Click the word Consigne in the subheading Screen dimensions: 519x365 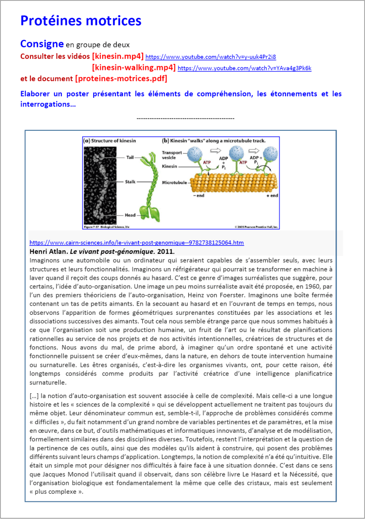[42, 44]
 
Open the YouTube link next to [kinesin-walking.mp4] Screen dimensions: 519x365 [245, 68]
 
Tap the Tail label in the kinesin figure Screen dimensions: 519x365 [130, 158]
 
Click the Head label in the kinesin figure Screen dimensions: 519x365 [131, 215]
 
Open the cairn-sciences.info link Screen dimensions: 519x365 [137, 243]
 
